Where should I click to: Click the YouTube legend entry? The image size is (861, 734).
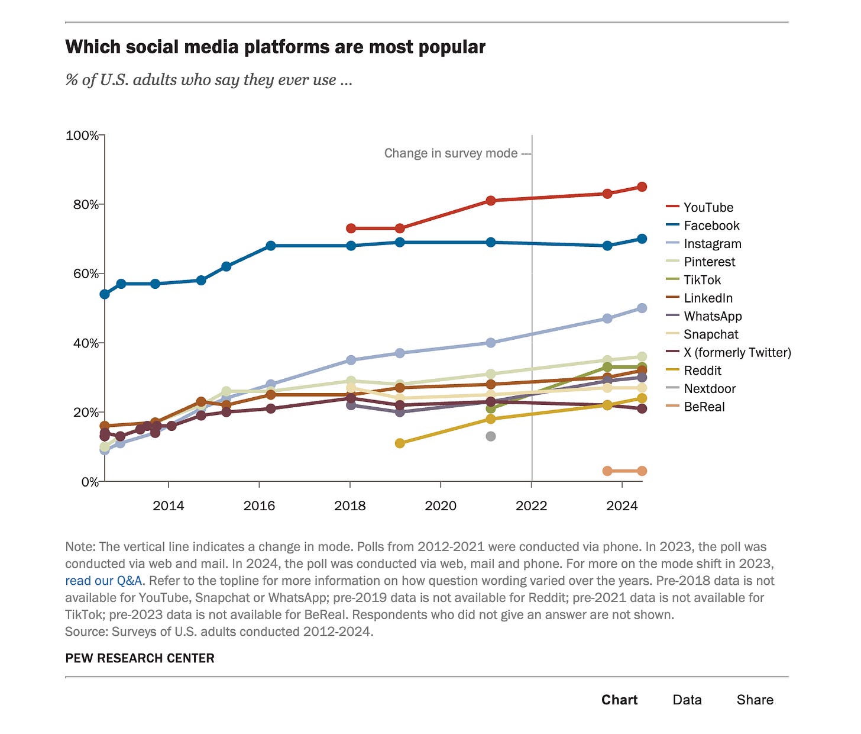click(x=708, y=207)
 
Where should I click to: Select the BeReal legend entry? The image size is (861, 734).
click(x=704, y=407)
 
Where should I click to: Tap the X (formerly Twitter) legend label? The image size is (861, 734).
click(x=737, y=352)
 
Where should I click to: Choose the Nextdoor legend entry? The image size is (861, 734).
click(x=710, y=388)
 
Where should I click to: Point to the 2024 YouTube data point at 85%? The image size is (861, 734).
click(x=642, y=187)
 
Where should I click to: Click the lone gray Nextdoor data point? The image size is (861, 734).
click(x=490, y=436)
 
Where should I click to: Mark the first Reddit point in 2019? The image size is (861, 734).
click(x=400, y=443)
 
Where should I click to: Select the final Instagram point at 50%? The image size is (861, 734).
click(x=642, y=308)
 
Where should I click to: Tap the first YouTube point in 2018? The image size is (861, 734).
click(x=351, y=228)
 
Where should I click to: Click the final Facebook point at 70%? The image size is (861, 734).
click(x=642, y=239)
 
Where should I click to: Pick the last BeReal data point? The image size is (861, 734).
click(x=642, y=471)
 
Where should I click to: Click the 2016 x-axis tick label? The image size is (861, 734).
click(x=259, y=506)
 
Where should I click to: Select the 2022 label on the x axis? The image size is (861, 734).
click(x=532, y=506)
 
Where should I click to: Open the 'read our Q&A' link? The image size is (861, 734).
click(x=103, y=581)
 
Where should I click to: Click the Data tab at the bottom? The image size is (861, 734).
click(x=687, y=700)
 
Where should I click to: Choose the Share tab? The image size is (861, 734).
click(x=755, y=700)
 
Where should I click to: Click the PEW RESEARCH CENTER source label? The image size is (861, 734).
click(x=140, y=658)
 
